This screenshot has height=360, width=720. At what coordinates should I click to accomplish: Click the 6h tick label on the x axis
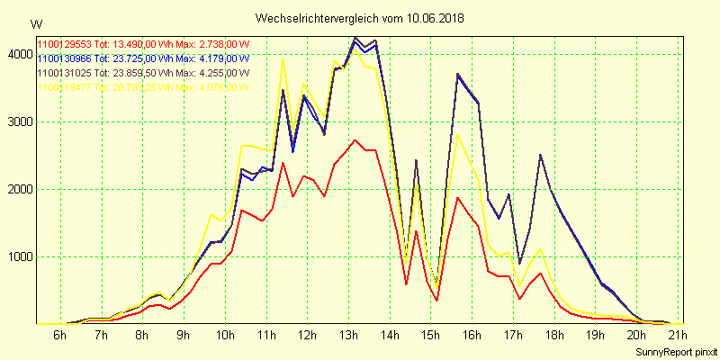(x=59, y=337)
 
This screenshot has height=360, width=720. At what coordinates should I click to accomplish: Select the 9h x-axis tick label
(x=183, y=337)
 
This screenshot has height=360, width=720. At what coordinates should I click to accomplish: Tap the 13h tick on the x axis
(x=347, y=337)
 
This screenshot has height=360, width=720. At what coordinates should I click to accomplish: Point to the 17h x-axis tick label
(x=512, y=337)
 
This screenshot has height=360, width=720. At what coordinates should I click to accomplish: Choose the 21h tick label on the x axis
(x=677, y=337)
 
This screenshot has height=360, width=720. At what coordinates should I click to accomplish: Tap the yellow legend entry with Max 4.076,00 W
(x=143, y=86)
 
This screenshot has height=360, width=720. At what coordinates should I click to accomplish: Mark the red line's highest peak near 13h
(x=355, y=140)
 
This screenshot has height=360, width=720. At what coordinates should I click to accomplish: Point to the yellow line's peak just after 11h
(x=283, y=60)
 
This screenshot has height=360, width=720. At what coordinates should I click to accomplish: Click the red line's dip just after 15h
(x=437, y=300)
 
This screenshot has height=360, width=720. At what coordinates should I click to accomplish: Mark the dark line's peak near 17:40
(x=540, y=155)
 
